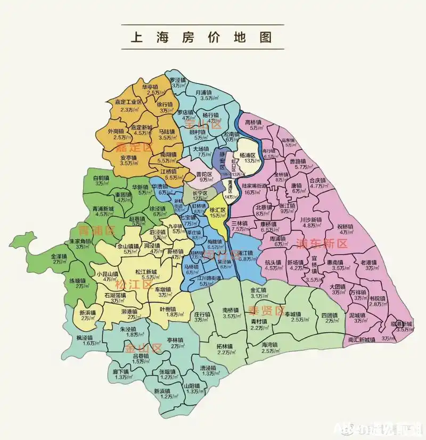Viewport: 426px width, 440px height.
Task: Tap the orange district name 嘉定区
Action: coord(134,147)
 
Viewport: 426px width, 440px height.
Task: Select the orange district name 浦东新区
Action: coord(321,244)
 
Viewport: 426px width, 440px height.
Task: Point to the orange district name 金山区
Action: coord(143,348)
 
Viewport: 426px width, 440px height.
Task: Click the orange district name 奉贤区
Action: coord(266,311)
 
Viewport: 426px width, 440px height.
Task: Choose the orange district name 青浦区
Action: coord(96,231)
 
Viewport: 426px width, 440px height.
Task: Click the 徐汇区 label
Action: coord(218,209)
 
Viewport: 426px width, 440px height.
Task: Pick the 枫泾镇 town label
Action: coord(85,338)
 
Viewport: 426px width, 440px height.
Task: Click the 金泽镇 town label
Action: coord(59,256)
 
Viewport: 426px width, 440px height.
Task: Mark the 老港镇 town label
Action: coord(368,263)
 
